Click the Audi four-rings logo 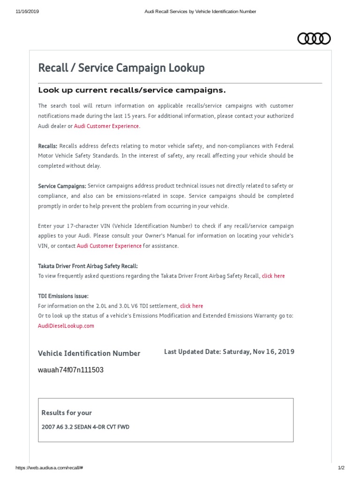coord(314,38)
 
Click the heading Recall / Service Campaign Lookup coord(121,68)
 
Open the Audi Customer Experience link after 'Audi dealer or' coord(106,126)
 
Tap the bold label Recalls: coord(48,146)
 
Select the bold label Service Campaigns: coord(62,186)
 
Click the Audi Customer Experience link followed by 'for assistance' coord(109,246)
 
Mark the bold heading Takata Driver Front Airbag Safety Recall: coord(88,266)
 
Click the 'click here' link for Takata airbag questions coord(273,276)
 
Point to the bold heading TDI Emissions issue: coord(63,296)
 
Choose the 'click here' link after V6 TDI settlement coord(191,306)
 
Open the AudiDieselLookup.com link coord(66,326)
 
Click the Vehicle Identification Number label coord(89,353)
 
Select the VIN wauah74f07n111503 coord(71,370)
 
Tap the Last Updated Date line coord(229,352)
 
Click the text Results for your coord(67,413)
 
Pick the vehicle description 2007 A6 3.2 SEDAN coord(85,427)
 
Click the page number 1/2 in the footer coord(341,468)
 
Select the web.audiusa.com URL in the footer coord(49,468)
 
